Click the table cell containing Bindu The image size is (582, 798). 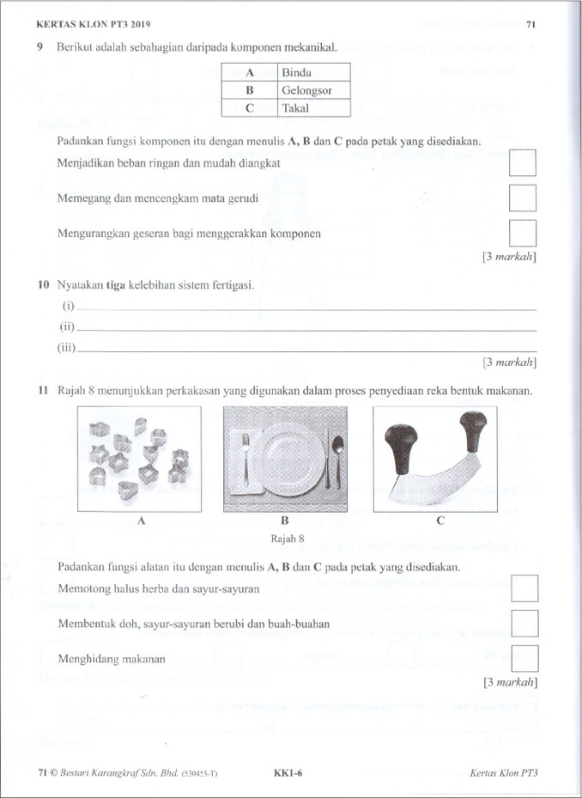pos(314,73)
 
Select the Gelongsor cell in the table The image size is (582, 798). pos(314,91)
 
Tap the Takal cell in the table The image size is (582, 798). pos(314,109)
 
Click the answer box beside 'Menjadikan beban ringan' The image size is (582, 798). pos(523,163)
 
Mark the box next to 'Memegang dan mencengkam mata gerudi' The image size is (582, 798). pos(523,198)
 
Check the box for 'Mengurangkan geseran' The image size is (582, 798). pos(523,233)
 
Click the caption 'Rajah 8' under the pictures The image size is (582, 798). pos(287,539)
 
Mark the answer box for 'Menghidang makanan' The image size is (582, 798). pos(524,658)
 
